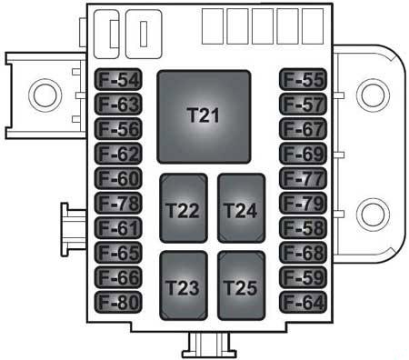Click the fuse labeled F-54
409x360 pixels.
(x=118, y=79)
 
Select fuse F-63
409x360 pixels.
(x=118, y=105)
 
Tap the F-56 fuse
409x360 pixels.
(x=118, y=129)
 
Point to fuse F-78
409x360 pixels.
(x=118, y=203)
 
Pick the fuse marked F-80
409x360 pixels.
(x=118, y=302)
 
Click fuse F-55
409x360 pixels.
(x=303, y=79)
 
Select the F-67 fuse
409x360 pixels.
(x=303, y=129)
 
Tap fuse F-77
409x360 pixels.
(x=303, y=178)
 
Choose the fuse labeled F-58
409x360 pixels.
(x=303, y=228)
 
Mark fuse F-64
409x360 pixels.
(x=303, y=302)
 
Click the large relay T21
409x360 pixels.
(x=204, y=117)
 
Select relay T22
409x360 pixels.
(x=184, y=208)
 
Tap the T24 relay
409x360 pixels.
(x=242, y=208)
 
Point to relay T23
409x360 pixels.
(x=184, y=285)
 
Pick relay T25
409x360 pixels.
(x=242, y=285)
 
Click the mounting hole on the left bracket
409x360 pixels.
(x=45, y=95)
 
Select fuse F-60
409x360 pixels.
(x=118, y=178)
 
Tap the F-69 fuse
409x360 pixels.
(x=303, y=154)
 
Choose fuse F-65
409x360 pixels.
(x=118, y=253)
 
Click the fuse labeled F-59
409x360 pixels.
(x=303, y=277)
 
